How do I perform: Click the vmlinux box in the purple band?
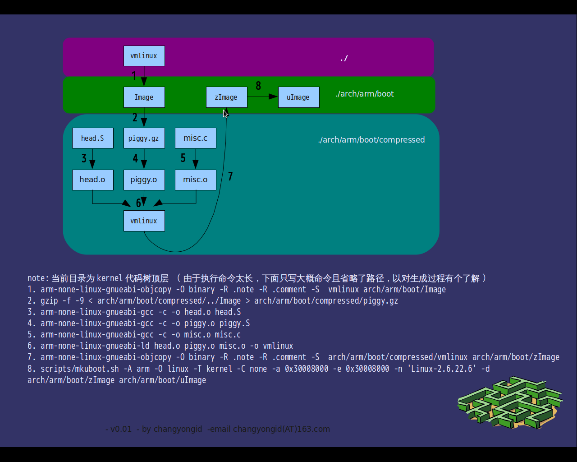144,56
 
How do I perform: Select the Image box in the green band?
144,97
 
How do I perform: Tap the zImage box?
226,97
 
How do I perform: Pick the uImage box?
298,97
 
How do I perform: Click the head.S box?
92,138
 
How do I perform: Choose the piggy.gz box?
144,138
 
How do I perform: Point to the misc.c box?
195,138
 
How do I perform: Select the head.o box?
92,180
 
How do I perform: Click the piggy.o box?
144,180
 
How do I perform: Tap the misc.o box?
195,180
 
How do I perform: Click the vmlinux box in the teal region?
144,221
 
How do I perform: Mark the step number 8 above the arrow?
258,86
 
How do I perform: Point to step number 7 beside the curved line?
230,176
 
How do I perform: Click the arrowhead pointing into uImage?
273,97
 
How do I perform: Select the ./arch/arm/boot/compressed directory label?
371,140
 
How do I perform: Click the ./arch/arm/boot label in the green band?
365,94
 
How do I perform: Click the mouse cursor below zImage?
225,113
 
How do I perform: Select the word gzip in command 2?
49,301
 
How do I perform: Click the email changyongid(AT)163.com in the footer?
281,429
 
